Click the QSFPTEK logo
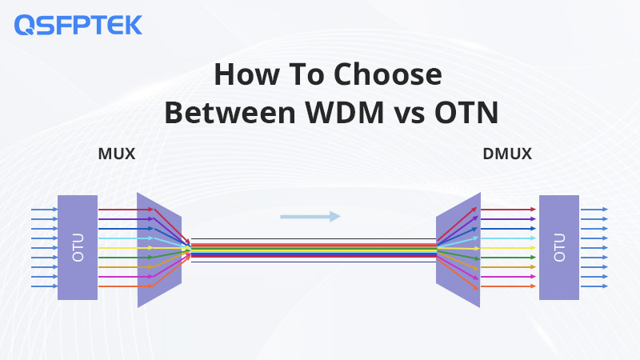coord(78,25)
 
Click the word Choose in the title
coord(388,74)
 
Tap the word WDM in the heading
coord(345,112)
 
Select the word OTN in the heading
coord(466,112)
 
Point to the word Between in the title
coord(230,112)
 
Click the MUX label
coord(117,154)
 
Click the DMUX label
coord(507,154)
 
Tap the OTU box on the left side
coord(78,247)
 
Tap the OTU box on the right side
coord(559,247)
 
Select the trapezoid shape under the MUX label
coord(159,250)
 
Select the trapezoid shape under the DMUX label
coord(458,250)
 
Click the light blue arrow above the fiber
coord(310,217)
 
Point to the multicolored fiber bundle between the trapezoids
coord(314,250)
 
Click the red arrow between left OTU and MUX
coord(126,210)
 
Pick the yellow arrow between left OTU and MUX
coord(126,248)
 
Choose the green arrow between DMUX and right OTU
coord(508,258)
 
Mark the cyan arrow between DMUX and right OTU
coord(508,238)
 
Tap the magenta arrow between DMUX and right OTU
coord(508,277)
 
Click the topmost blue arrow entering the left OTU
coord(45,210)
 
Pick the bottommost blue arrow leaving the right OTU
coord(594,286)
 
